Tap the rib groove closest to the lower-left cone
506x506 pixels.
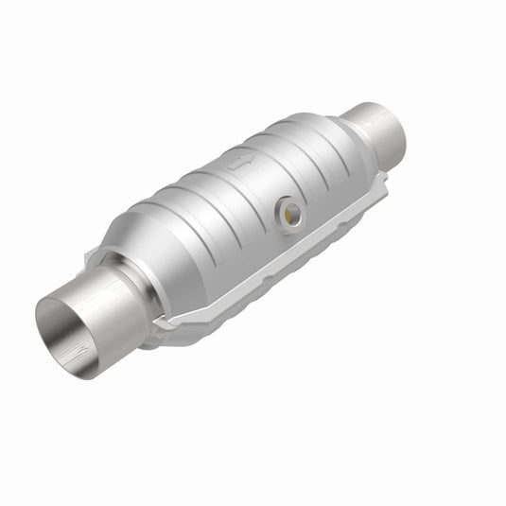click(x=180, y=203)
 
